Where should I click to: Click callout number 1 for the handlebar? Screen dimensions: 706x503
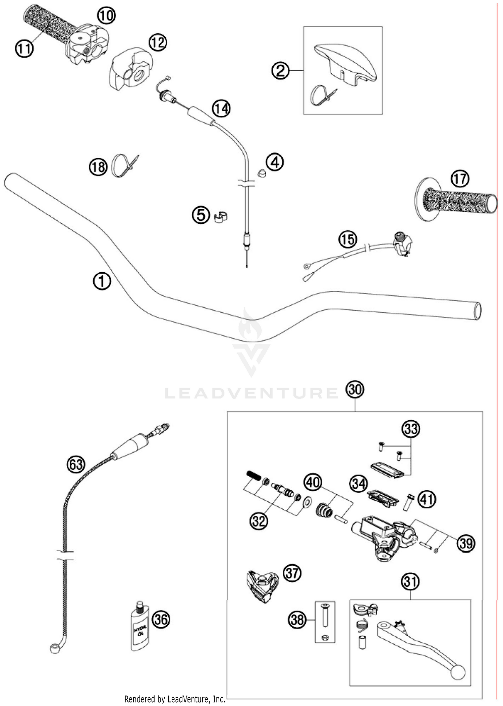pyautogui.click(x=102, y=281)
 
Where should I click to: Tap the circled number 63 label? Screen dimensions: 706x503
pyautogui.click(x=76, y=465)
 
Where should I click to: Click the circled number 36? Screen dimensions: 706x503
pyautogui.click(x=161, y=620)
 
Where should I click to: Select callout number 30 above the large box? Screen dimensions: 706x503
pyautogui.click(x=355, y=390)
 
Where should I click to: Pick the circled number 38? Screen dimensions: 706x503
pyautogui.click(x=297, y=620)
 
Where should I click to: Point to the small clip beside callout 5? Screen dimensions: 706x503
pyautogui.click(x=220, y=217)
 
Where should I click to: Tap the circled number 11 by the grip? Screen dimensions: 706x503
pyautogui.click(x=24, y=49)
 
